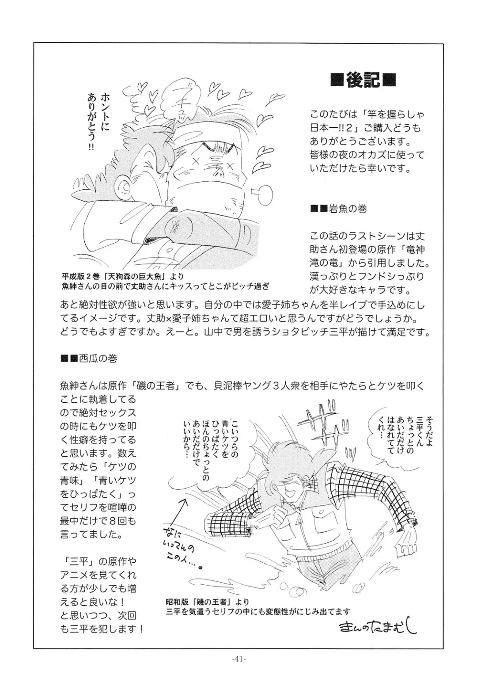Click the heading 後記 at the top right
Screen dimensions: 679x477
tap(363, 80)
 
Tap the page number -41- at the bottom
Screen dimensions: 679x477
tap(238, 658)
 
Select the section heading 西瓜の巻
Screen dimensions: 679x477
tap(89, 359)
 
